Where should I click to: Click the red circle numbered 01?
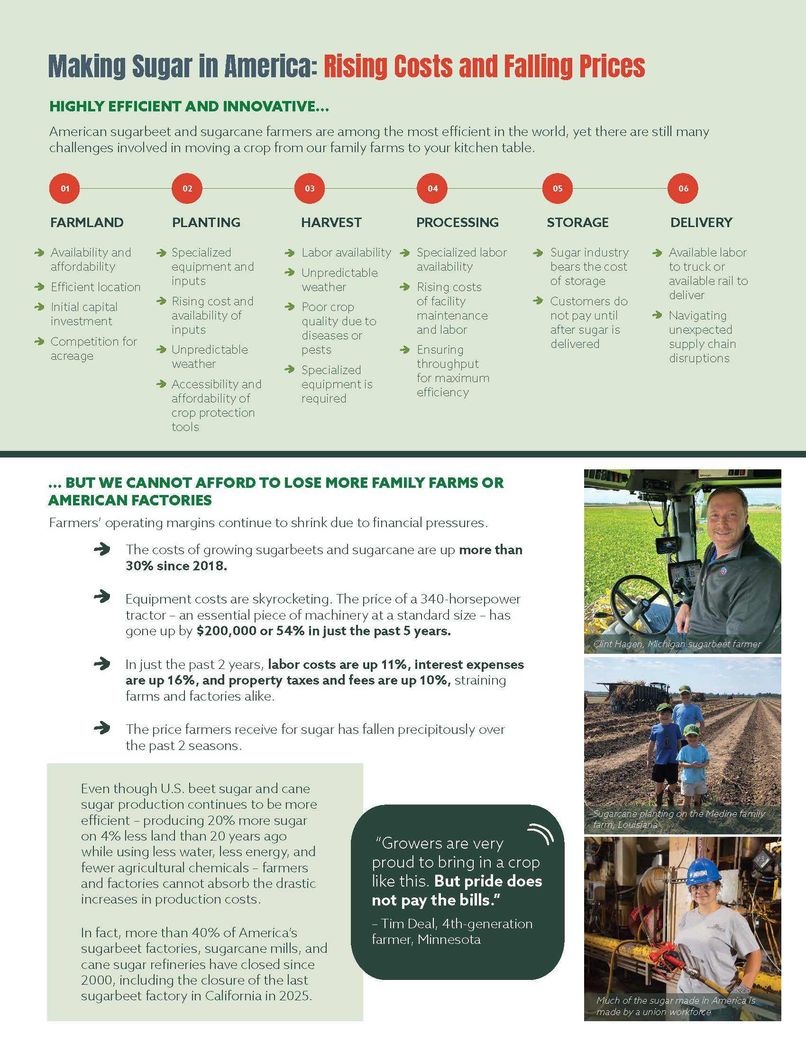[x=65, y=188]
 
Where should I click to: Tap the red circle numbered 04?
[x=432, y=188]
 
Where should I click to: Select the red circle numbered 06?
[x=683, y=188]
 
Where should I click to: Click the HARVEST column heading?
[x=331, y=222]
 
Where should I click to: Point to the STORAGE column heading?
[x=577, y=222]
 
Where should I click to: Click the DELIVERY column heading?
[x=701, y=222]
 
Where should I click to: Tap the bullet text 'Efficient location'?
[x=95, y=287]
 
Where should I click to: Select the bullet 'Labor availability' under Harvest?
[x=346, y=253]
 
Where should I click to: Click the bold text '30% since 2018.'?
[x=176, y=566]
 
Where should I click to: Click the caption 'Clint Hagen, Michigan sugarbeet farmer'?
[x=677, y=644]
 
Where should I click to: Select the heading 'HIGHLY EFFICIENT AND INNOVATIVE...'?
[x=189, y=107]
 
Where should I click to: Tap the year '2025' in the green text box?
[x=292, y=996]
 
